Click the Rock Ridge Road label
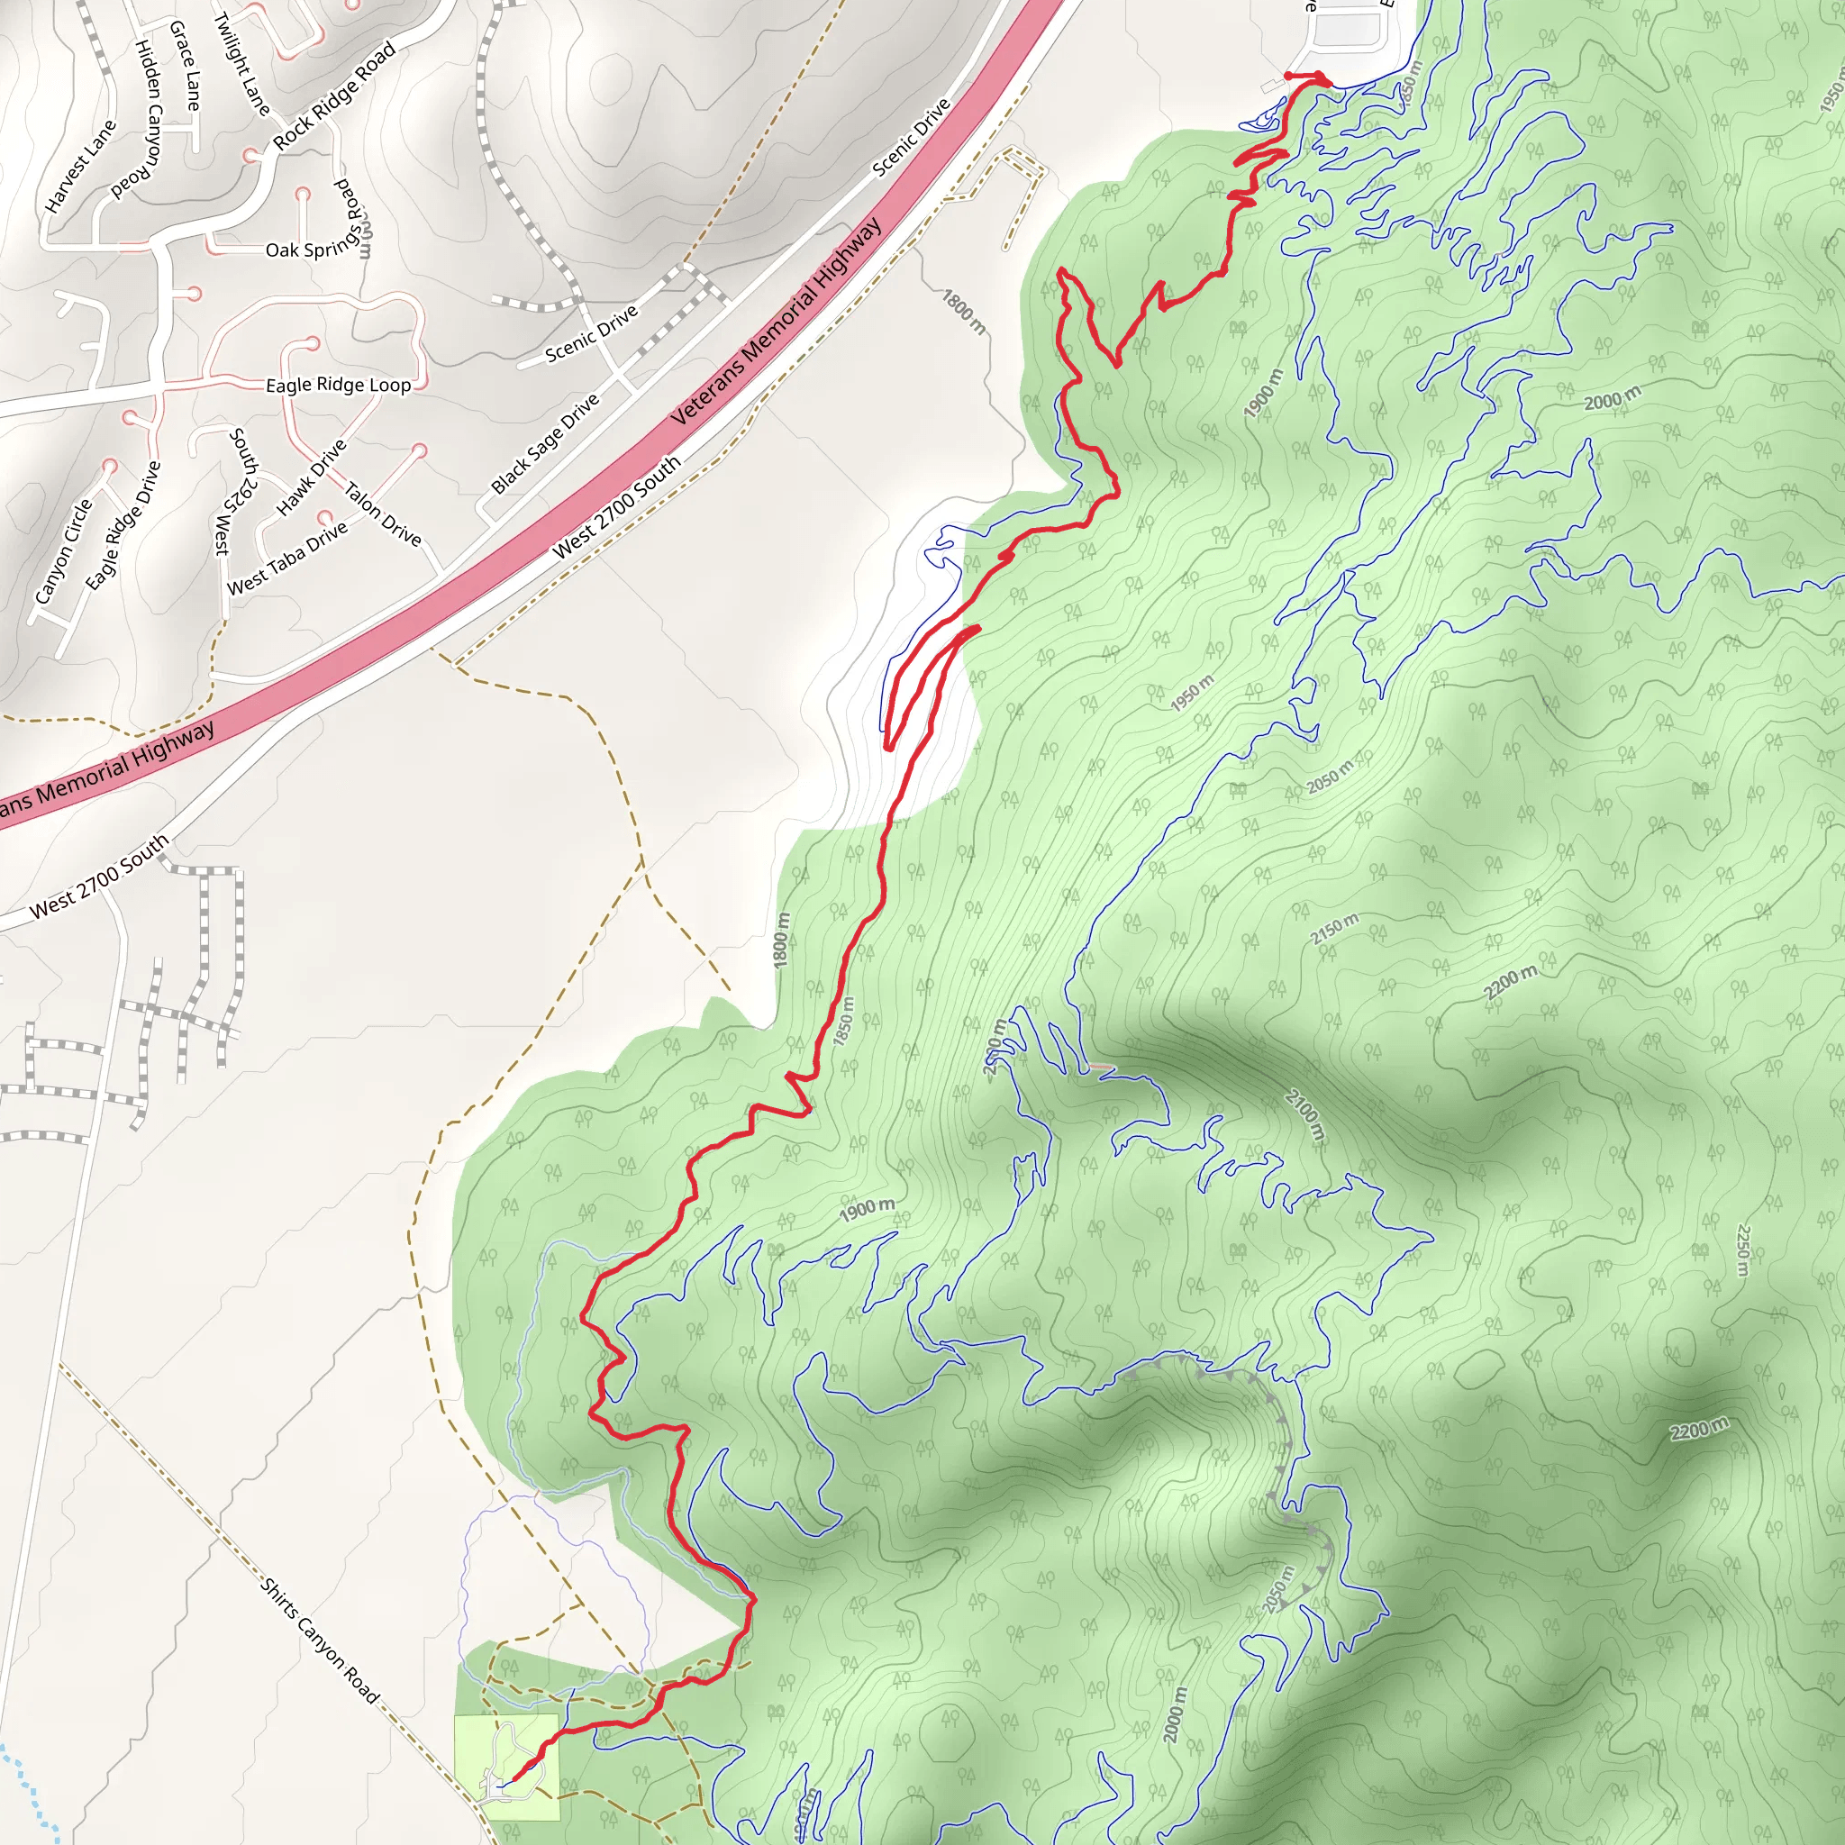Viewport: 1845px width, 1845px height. [334, 96]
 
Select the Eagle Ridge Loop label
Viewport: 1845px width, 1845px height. [338, 385]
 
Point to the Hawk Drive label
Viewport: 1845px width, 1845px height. [312, 478]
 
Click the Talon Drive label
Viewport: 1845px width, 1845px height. [383, 514]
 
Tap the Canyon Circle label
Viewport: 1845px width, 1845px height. [63, 552]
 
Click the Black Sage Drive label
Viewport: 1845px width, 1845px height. [545, 444]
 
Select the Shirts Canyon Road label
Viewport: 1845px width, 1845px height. [320, 1640]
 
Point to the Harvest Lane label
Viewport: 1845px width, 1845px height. [80, 166]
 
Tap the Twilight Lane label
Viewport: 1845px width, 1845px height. [241, 63]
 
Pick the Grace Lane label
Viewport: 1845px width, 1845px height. [186, 65]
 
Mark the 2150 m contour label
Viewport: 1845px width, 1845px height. [1334, 929]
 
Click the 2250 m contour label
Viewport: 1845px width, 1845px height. [1744, 1250]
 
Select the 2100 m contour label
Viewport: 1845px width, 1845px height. [1304, 1113]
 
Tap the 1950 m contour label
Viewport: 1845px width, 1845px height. [1193, 693]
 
